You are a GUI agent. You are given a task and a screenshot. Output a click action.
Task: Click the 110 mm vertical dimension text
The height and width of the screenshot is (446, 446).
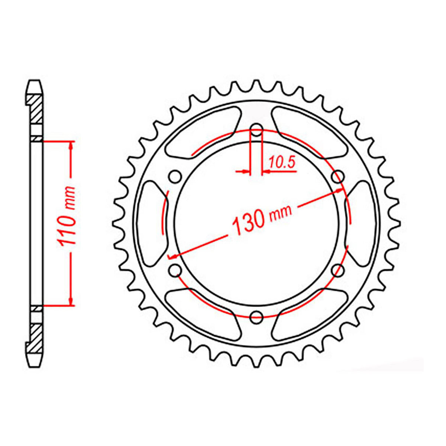67,216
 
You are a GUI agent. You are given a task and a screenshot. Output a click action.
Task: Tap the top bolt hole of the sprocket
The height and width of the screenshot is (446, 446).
256,131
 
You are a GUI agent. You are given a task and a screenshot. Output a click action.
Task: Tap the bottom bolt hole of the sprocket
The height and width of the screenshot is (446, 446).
256,317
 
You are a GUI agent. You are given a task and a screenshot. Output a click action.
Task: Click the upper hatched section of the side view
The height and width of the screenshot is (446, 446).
36,110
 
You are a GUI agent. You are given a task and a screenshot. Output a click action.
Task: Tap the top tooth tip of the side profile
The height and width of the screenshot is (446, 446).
35,83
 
